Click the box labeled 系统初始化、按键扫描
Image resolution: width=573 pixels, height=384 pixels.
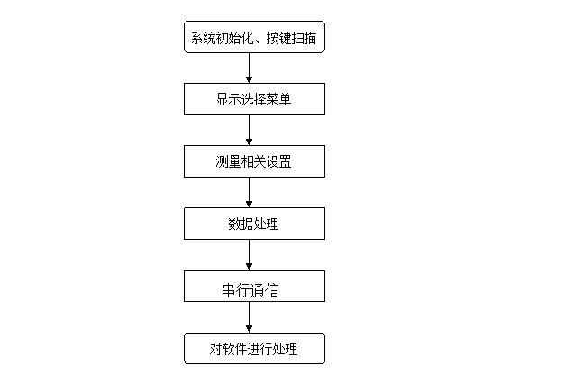coord(254,37)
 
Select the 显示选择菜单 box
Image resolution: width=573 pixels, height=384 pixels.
coord(254,99)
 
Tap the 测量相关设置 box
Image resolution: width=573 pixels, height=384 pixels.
coord(254,161)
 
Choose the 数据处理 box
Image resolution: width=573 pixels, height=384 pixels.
coord(254,224)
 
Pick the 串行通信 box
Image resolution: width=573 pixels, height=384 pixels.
coord(254,286)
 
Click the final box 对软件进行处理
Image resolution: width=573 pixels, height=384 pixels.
coord(254,348)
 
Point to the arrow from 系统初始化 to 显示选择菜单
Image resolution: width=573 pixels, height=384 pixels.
coord(250,68)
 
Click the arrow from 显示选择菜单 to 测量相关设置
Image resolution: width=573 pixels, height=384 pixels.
coord(250,130)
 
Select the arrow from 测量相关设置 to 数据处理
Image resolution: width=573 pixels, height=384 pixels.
coord(250,192)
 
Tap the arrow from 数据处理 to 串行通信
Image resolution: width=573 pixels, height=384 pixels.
coord(250,255)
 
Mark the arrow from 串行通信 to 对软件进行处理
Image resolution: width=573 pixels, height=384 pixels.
coord(250,317)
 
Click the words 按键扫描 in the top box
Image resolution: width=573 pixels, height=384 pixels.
coord(291,38)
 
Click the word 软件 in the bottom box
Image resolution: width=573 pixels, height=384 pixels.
coord(234,349)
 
